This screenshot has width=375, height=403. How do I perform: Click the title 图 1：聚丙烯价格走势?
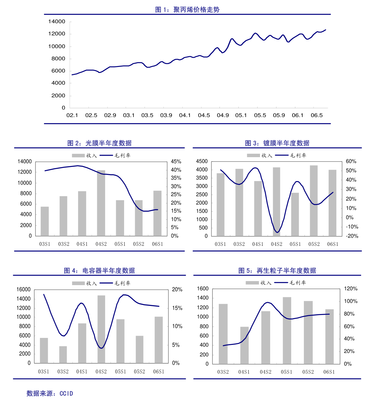click(187, 10)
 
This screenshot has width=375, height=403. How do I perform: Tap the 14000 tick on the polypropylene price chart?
click(57, 21)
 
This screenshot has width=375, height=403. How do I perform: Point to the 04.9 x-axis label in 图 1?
click(223, 115)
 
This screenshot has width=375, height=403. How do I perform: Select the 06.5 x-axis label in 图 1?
click(316, 115)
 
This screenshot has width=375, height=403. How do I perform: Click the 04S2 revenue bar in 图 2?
click(101, 203)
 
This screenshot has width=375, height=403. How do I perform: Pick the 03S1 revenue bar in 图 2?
click(45, 221)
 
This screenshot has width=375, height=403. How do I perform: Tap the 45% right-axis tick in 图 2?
click(176, 162)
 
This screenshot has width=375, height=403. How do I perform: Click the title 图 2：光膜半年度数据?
click(99, 143)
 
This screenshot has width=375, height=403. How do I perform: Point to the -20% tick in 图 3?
click(351, 236)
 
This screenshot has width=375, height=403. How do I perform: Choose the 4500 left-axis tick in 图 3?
click(202, 161)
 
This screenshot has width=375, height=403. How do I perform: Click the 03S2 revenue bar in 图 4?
click(63, 355)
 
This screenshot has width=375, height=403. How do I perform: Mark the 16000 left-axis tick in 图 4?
click(24, 290)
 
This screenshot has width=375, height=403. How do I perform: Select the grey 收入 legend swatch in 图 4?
click(78, 283)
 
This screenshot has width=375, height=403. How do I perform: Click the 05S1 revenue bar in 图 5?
click(287, 330)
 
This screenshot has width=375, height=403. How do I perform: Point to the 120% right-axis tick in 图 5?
click(350, 289)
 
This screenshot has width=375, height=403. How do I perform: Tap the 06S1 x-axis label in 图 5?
click(329, 372)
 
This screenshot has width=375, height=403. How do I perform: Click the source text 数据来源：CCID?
click(50, 394)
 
